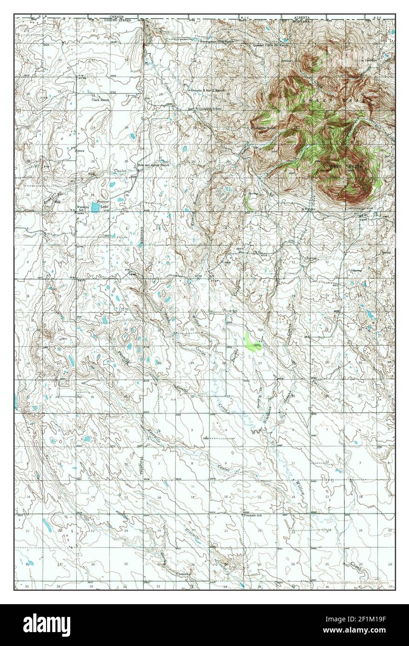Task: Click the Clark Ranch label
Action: coord(100,99)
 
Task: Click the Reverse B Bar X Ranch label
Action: coord(208,90)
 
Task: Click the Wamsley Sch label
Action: coord(84,207)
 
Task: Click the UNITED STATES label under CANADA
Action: coord(117,20)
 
